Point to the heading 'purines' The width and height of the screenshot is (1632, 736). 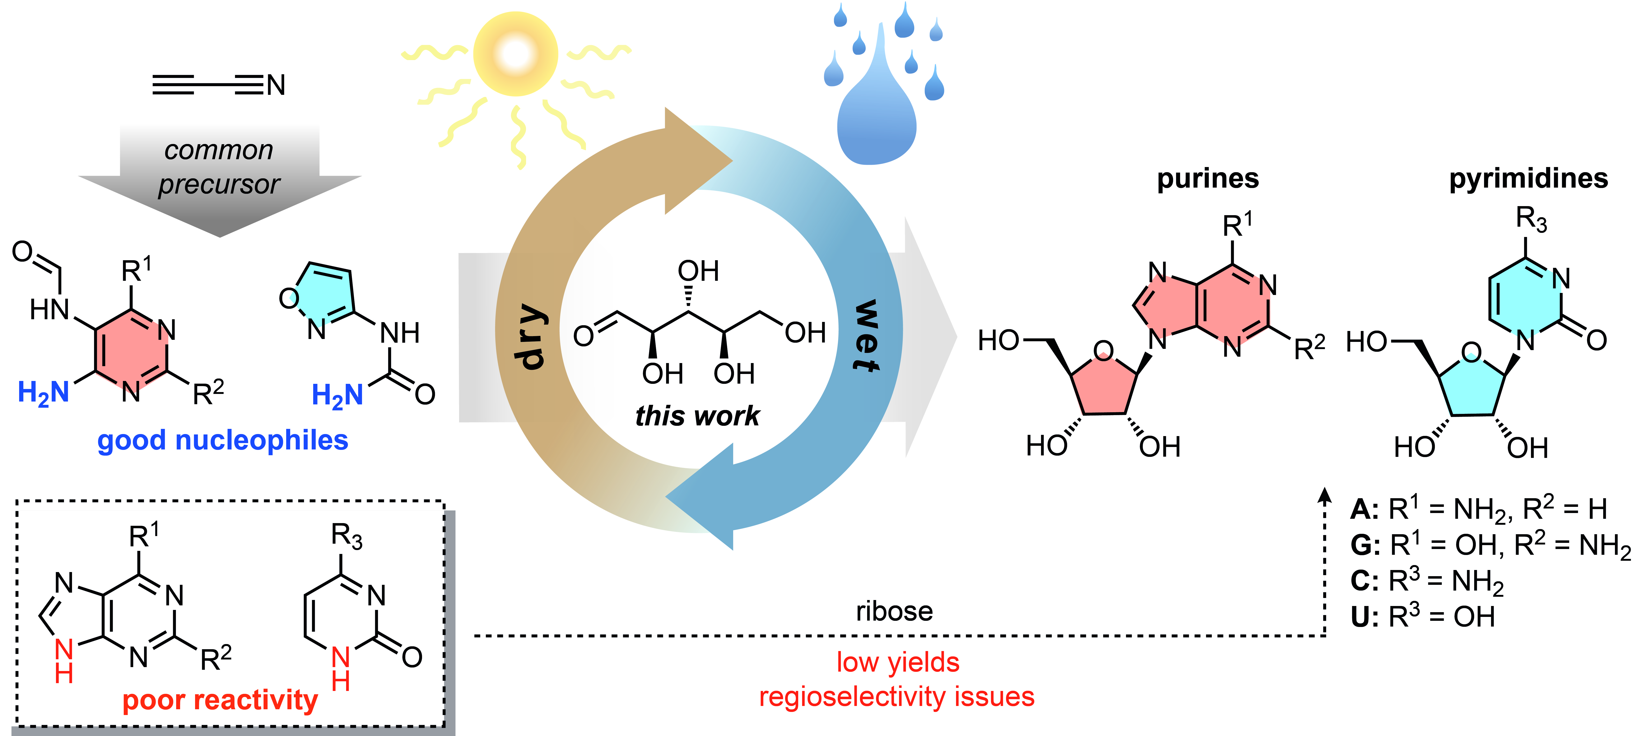(1207, 179)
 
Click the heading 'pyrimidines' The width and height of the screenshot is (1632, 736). (1528, 179)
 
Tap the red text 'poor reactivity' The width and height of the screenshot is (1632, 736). (220, 700)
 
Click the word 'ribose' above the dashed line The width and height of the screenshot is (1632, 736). (894, 611)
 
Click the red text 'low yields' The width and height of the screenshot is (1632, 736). (898, 663)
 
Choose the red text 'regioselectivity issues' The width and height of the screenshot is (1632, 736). (897, 697)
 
